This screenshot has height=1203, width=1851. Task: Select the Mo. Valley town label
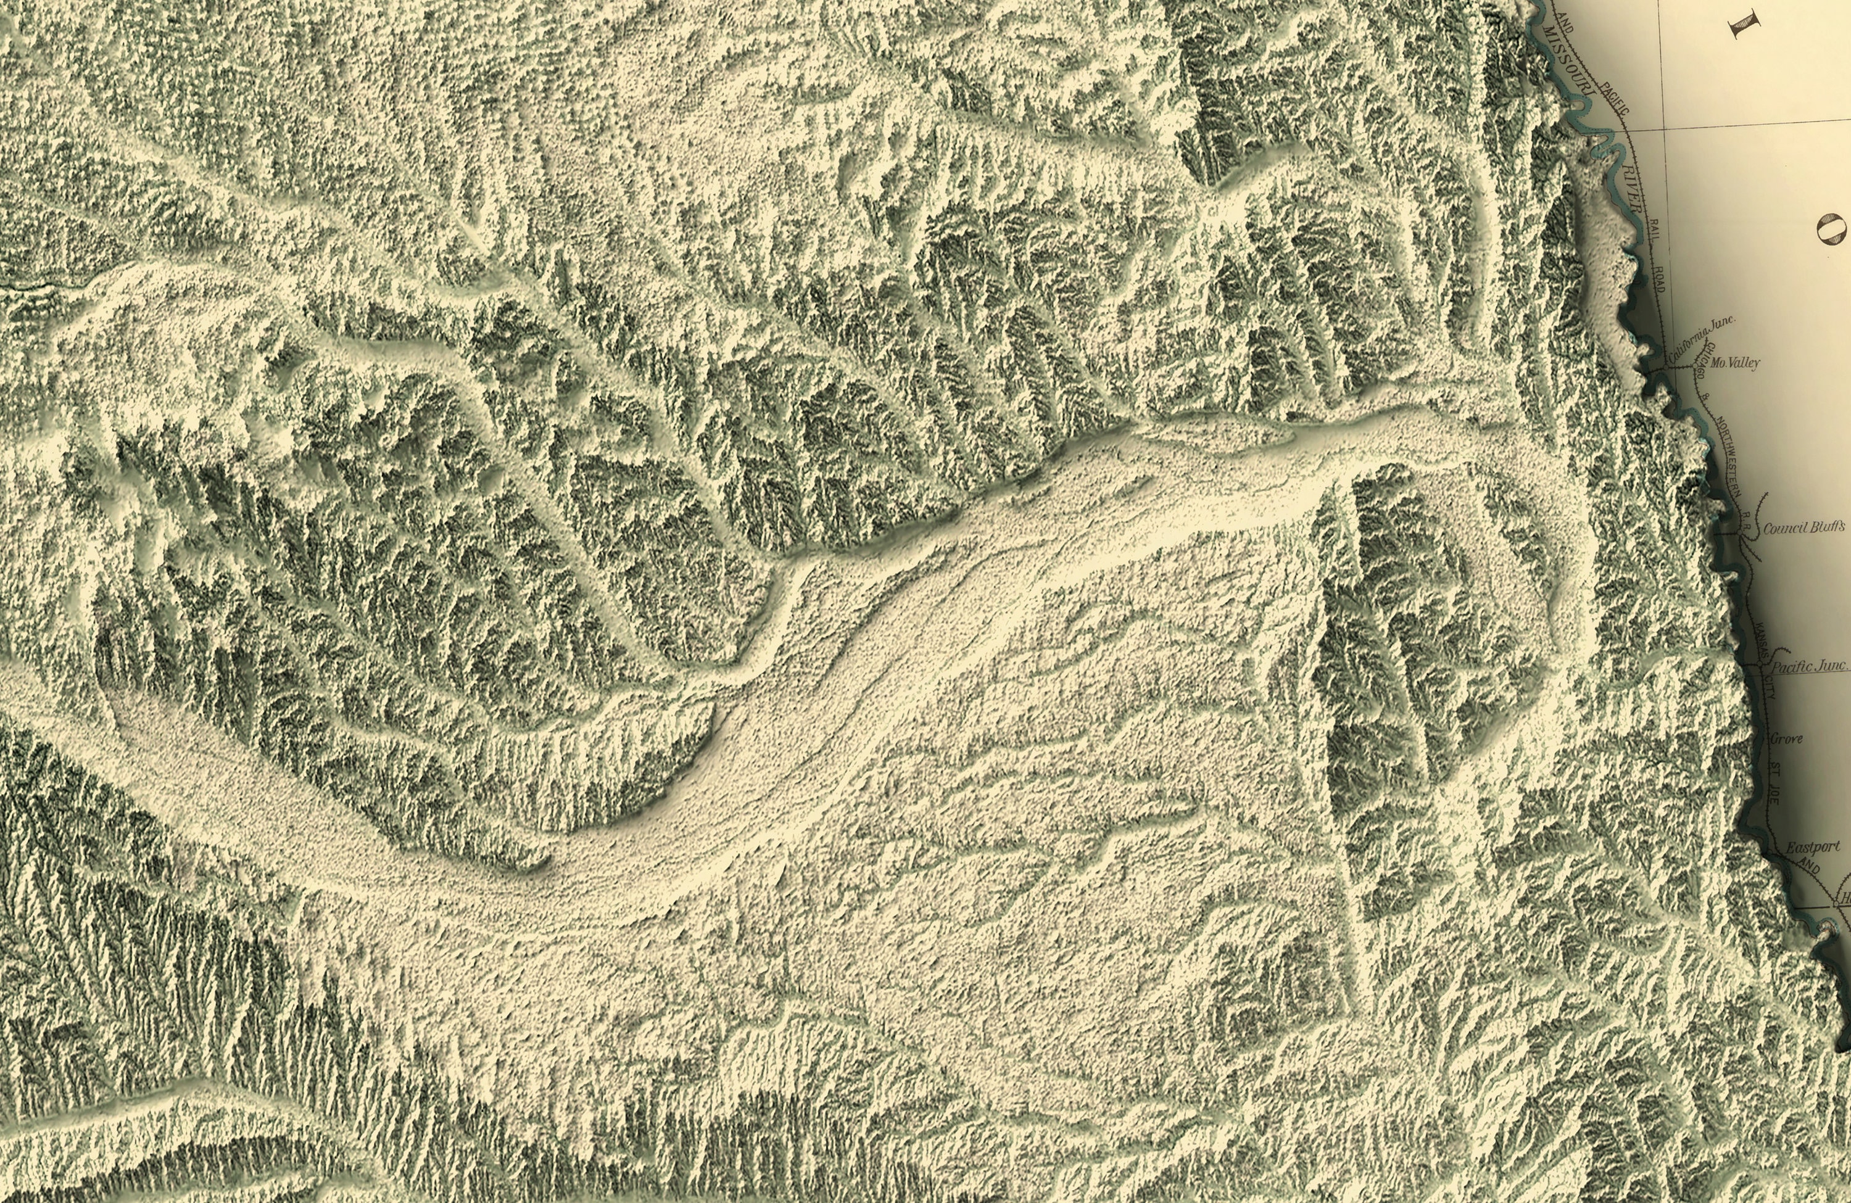(x=1735, y=363)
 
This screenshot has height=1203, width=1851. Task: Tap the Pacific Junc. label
(x=1808, y=666)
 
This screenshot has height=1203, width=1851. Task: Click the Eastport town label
(x=1812, y=848)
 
